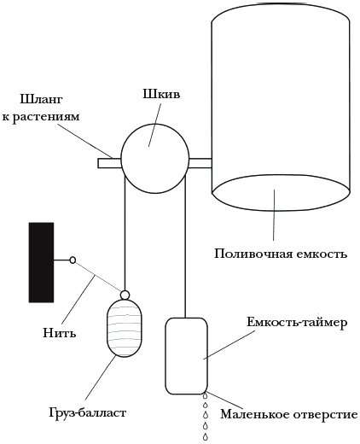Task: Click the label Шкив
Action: [161, 94]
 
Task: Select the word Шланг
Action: [41, 100]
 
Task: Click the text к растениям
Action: [41, 116]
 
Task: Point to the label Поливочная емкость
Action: [281, 254]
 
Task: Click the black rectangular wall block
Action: [41, 262]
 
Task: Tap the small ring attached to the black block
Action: [73, 260]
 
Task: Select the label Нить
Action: [60, 332]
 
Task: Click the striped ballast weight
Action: [125, 328]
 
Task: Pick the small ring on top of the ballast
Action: [125, 295]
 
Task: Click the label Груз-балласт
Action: [88, 412]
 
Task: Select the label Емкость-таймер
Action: [297, 323]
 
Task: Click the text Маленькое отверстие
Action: [289, 414]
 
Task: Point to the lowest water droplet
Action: [205, 436]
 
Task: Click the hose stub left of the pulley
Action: [110, 163]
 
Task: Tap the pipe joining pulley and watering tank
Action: [200, 163]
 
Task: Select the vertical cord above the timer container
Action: [185, 247]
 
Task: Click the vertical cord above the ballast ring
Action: [125, 233]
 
